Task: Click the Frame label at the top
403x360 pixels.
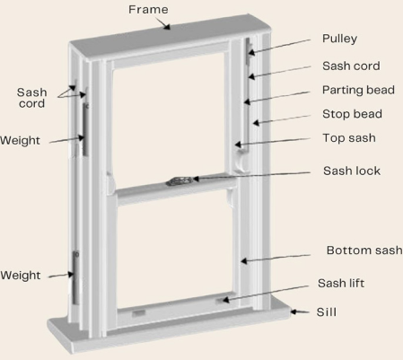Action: coord(148,10)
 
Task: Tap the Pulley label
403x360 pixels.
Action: coord(339,39)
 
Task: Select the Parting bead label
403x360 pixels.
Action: coord(358,90)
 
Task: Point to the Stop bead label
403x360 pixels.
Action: coord(352,114)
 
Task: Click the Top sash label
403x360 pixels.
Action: coord(349,138)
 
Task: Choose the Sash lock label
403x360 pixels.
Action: coord(352,171)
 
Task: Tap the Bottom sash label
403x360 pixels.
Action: coord(364,250)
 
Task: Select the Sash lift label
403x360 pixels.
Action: coord(341,283)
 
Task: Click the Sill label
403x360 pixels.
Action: coord(327,312)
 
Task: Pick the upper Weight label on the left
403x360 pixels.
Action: coord(20,140)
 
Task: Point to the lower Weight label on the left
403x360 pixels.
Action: coord(20,276)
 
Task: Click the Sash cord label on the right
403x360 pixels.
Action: coord(351,66)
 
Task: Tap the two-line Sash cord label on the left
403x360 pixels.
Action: coord(31,98)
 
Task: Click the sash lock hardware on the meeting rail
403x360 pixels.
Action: coord(179,181)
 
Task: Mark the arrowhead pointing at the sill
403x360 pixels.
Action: coord(294,312)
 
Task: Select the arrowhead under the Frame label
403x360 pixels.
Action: coord(167,27)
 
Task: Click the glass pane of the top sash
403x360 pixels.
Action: coord(169,119)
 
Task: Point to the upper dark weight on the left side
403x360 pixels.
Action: coord(85,129)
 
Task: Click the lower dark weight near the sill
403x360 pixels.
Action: coord(75,277)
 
